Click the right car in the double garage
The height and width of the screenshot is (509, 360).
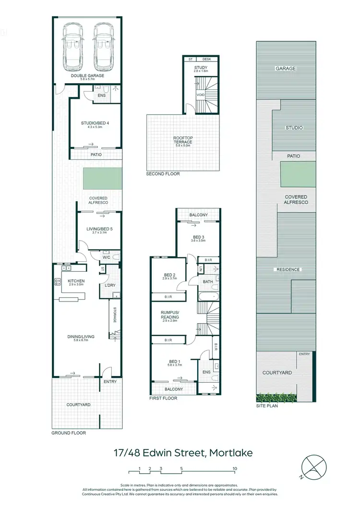pyautogui.click(x=103, y=46)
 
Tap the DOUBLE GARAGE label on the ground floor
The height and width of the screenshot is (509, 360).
pyautogui.click(x=87, y=76)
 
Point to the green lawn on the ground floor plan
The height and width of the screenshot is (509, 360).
pyautogui.click(x=102, y=179)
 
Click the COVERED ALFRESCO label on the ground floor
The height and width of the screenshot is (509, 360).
pyautogui.click(x=98, y=200)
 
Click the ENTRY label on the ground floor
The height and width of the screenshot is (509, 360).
pyautogui.click(x=110, y=381)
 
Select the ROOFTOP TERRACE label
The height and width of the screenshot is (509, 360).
pyautogui.click(x=182, y=140)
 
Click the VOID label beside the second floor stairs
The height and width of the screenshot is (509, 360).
pyautogui.click(x=201, y=95)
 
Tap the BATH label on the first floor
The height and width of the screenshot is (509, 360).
pyautogui.click(x=207, y=282)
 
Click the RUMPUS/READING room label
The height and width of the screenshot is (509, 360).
pyautogui.click(x=169, y=315)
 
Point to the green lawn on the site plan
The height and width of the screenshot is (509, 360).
pyautogui.click(x=299, y=174)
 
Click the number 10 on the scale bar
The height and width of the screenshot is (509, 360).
pyautogui.click(x=235, y=468)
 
